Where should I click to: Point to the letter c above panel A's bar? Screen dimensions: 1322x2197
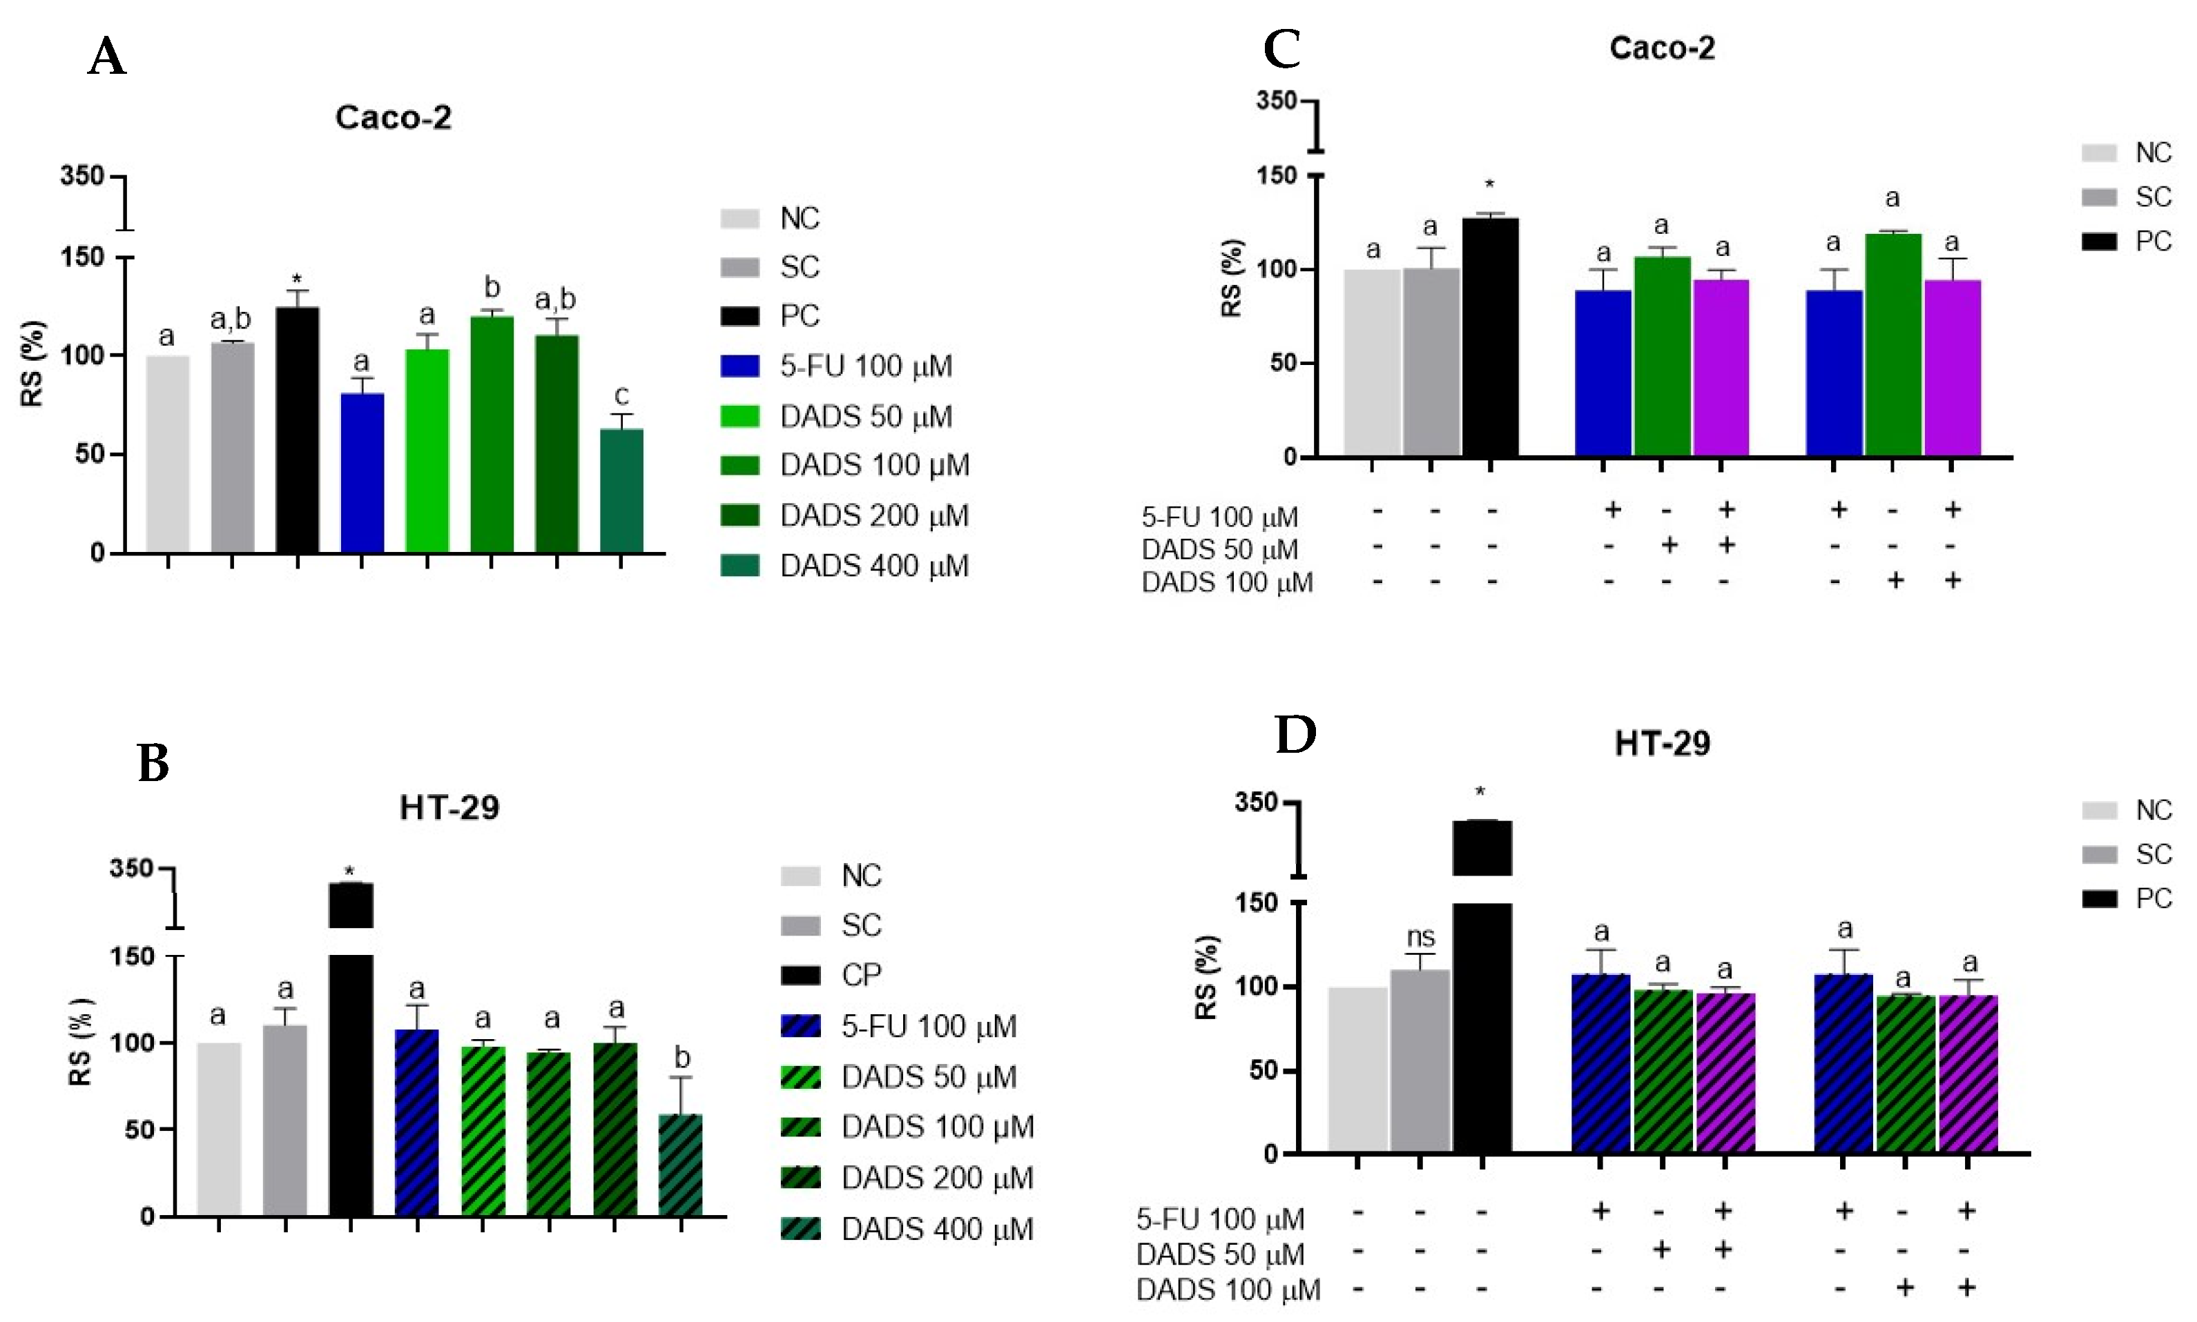pos(621,395)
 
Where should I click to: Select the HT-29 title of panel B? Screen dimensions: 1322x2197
pos(449,808)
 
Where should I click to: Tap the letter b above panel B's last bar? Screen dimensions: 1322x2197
pos(682,1058)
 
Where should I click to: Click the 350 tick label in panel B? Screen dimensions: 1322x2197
pos(131,868)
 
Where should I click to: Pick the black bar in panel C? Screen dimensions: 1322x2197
pos(1489,337)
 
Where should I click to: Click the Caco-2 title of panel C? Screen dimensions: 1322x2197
pos(1661,48)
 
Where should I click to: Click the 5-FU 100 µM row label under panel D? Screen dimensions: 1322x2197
pos(1219,1219)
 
